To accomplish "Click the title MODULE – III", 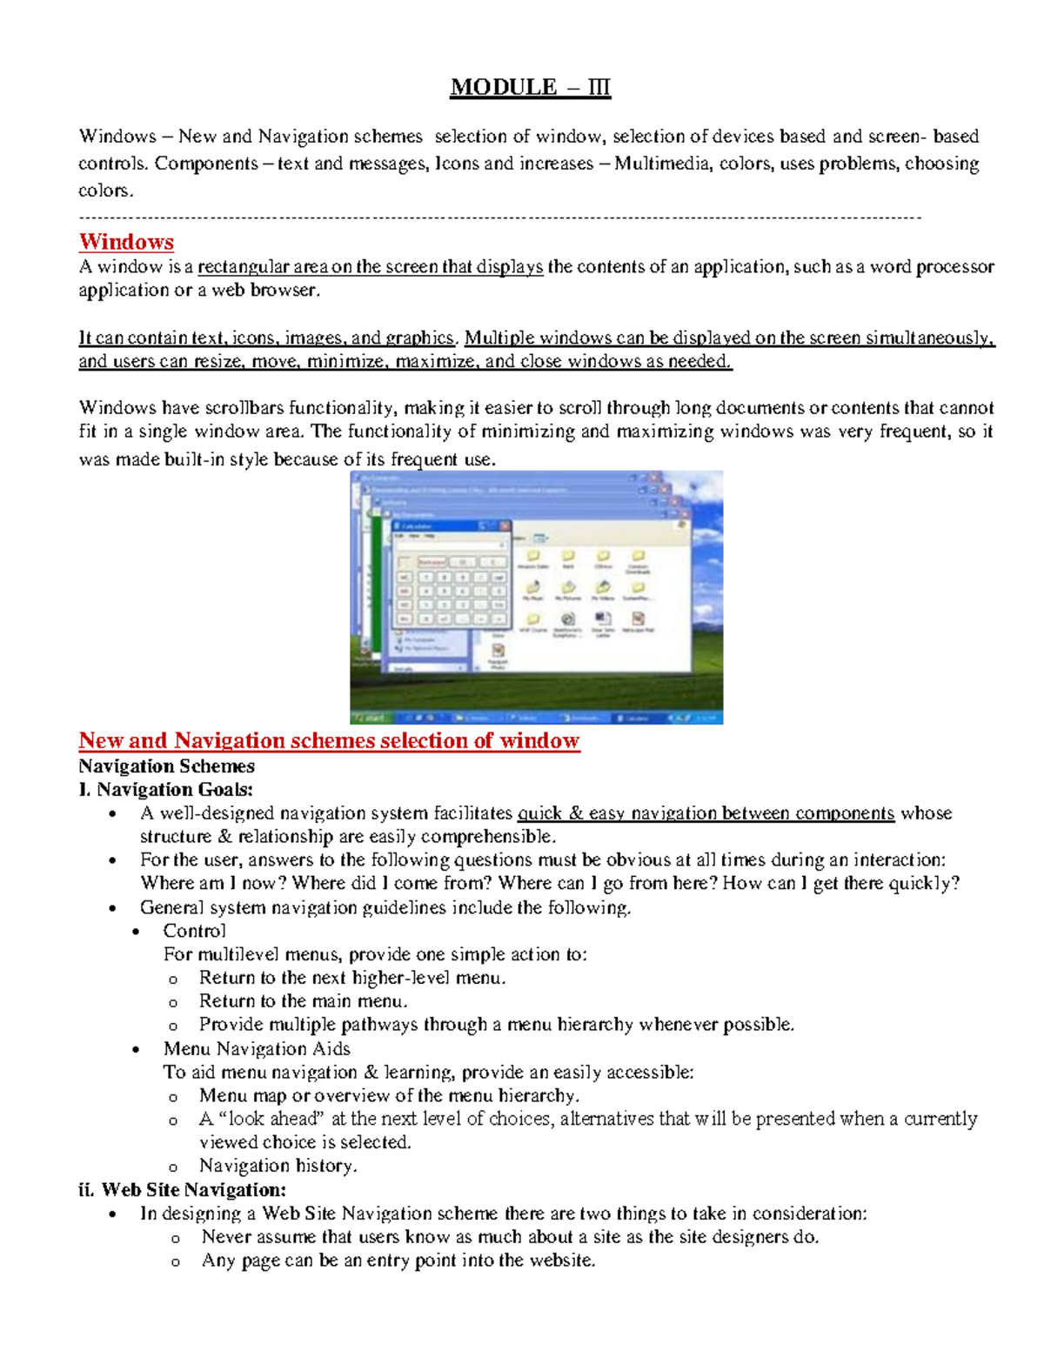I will (x=530, y=87).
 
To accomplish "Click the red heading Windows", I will (x=126, y=242).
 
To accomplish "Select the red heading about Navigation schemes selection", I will (x=329, y=740).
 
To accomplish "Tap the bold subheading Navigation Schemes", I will (x=166, y=766).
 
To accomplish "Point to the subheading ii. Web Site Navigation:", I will (x=182, y=1189).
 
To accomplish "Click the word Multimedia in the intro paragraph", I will (x=662, y=164).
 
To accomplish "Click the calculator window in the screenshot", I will (x=451, y=574).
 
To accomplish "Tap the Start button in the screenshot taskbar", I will (x=371, y=718).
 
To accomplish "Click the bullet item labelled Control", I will (x=194, y=931).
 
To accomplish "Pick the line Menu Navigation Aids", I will (x=257, y=1048).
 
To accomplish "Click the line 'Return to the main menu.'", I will (x=303, y=1001).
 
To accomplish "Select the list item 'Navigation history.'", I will (x=278, y=1166).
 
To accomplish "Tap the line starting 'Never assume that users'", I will (x=510, y=1236).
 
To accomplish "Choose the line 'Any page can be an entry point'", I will (x=398, y=1260).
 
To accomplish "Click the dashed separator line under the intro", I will (x=499, y=217).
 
